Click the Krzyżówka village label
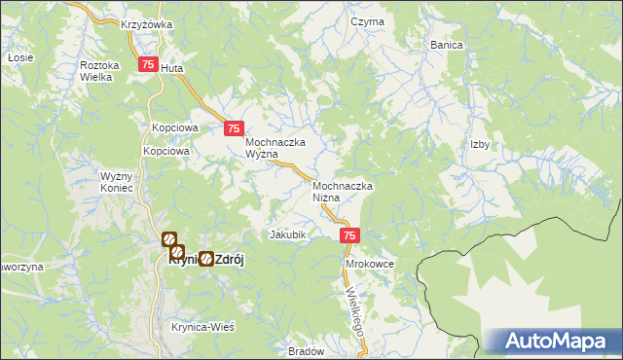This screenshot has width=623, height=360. [147, 24]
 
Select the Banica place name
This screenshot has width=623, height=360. [447, 45]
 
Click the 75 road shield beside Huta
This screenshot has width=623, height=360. [147, 64]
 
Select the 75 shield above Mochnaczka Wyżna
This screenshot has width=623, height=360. [233, 127]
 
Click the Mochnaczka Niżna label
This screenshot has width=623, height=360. [344, 191]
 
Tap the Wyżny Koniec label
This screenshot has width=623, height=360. [122, 183]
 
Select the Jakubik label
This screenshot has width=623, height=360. [287, 234]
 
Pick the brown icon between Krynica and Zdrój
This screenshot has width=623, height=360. [206, 259]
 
